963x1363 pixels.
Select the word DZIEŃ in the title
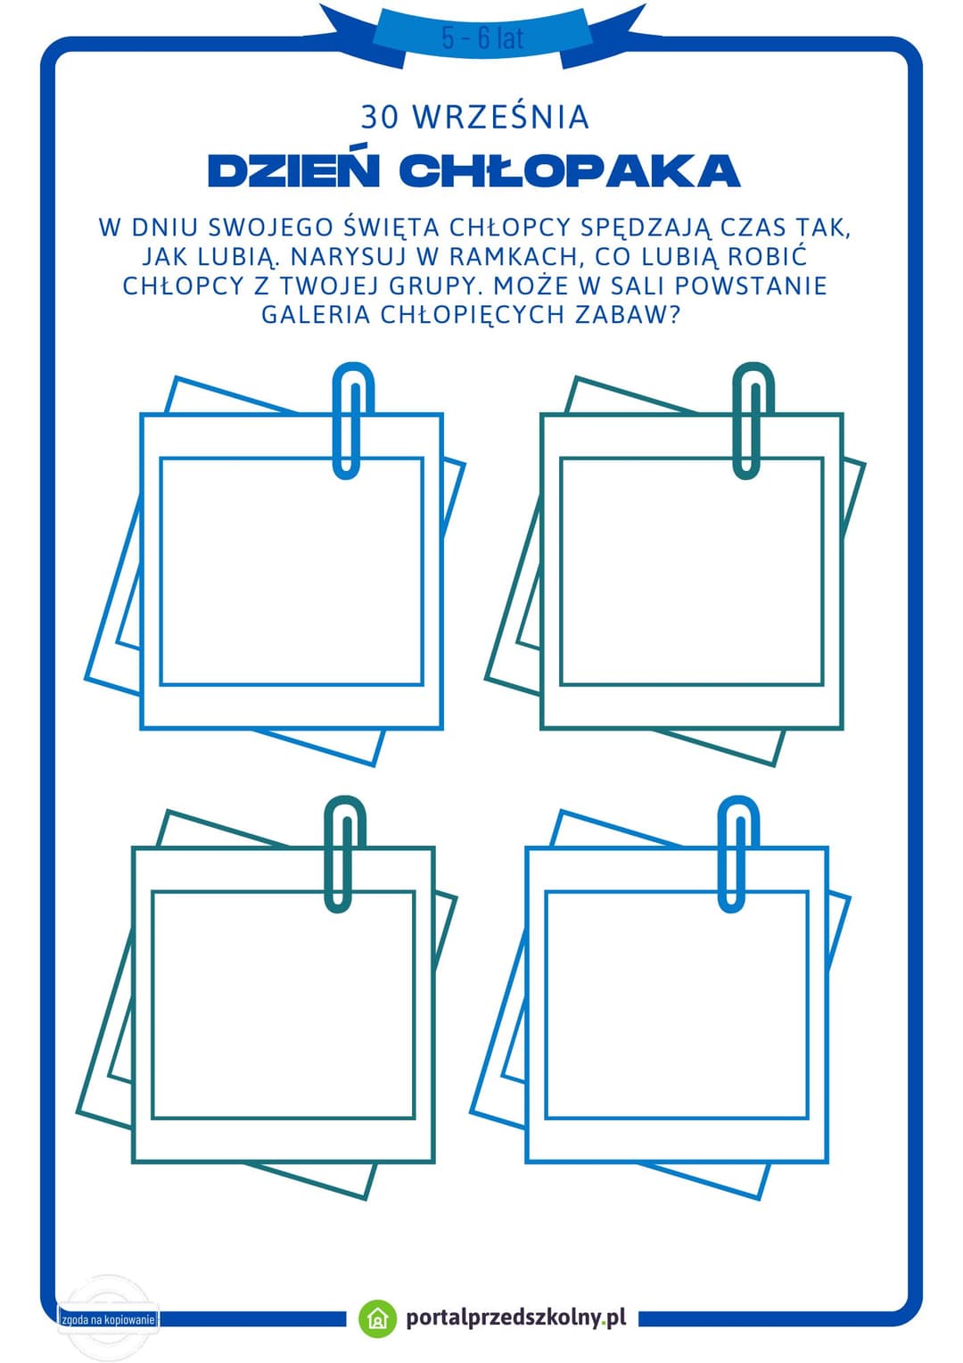(292, 170)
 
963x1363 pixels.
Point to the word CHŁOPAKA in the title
(570, 170)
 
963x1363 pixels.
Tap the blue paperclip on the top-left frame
(353, 420)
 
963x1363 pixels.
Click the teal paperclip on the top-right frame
(753, 420)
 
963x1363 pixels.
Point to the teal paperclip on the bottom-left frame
(345, 854)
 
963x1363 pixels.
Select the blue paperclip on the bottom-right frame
(738, 854)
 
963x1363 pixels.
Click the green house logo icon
(378, 1318)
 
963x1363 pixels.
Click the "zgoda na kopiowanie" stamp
(108, 1319)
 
